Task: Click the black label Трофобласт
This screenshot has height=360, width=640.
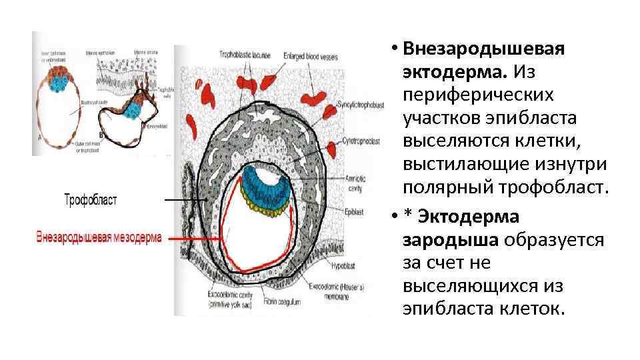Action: pos(91,200)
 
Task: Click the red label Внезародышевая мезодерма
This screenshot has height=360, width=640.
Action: pos(99,237)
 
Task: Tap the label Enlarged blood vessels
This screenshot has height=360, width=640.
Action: pos(310,56)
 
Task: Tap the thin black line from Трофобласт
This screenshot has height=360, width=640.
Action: pos(182,200)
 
